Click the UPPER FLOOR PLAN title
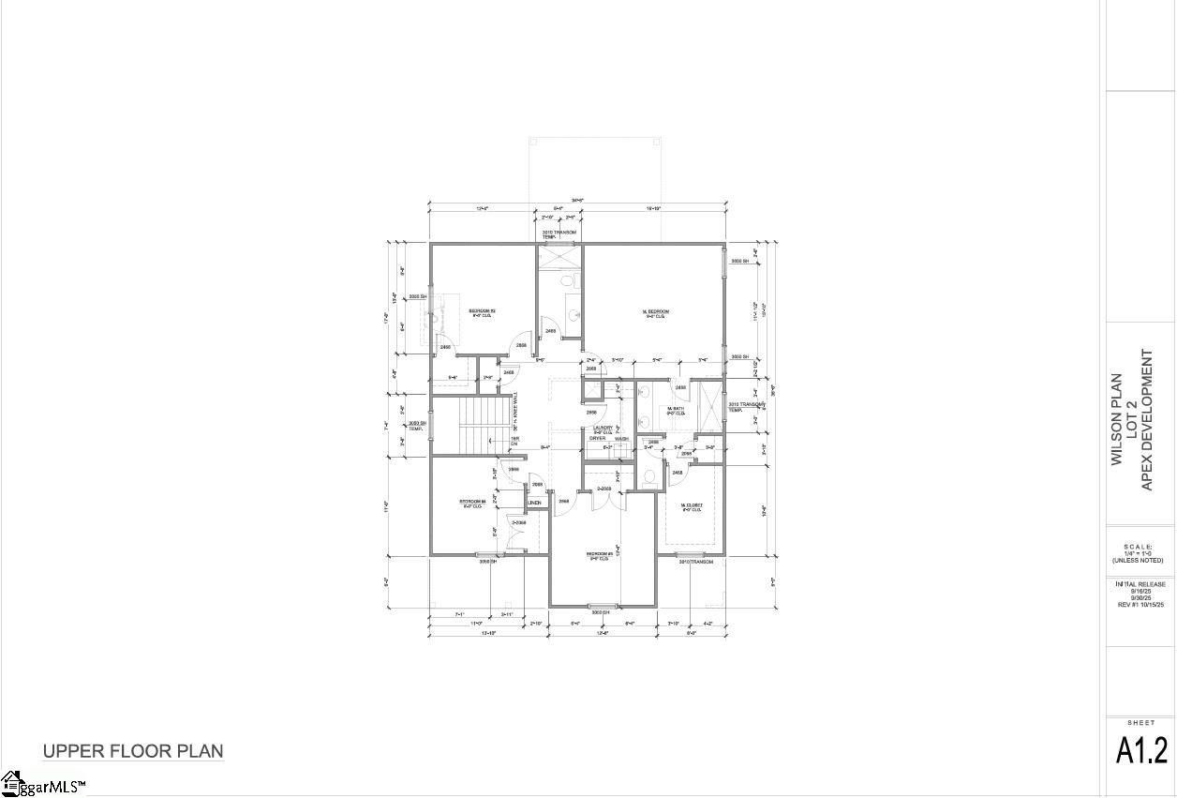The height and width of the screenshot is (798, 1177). [x=132, y=751]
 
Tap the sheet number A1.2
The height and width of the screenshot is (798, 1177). [x=1141, y=751]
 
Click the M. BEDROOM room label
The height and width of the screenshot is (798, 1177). [x=655, y=311]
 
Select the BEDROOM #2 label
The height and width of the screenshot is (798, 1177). [x=482, y=310]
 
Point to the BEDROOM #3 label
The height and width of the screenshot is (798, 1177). [x=600, y=554]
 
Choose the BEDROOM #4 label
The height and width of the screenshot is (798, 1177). [x=471, y=502]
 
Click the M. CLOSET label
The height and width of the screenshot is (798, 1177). [x=692, y=504]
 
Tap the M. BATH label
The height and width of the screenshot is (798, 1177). [x=676, y=409]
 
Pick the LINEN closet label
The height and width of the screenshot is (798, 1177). [x=534, y=504]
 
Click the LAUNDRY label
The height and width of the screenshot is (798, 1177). [x=601, y=428]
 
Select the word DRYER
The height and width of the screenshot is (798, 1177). [x=597, y=438]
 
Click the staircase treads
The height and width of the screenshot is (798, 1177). [x=486, y=422]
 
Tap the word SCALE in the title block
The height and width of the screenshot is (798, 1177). [x=1138, y=546]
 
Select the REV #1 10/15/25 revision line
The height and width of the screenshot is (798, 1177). [x=1140, y=605]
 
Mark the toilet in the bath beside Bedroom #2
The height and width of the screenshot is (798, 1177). [x=568, y=280]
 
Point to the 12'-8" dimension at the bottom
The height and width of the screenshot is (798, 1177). [x=603, y=633]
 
